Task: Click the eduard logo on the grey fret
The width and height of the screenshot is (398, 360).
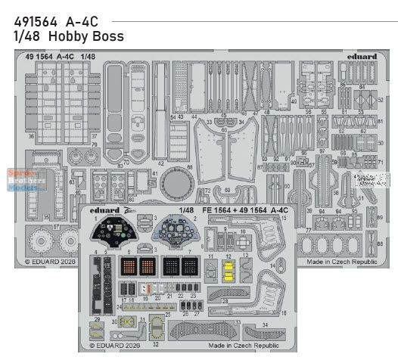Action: coord(368,56)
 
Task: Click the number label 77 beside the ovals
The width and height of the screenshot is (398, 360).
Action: coord(309,230)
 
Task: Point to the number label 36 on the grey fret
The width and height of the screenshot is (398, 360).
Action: coord(31,136)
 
